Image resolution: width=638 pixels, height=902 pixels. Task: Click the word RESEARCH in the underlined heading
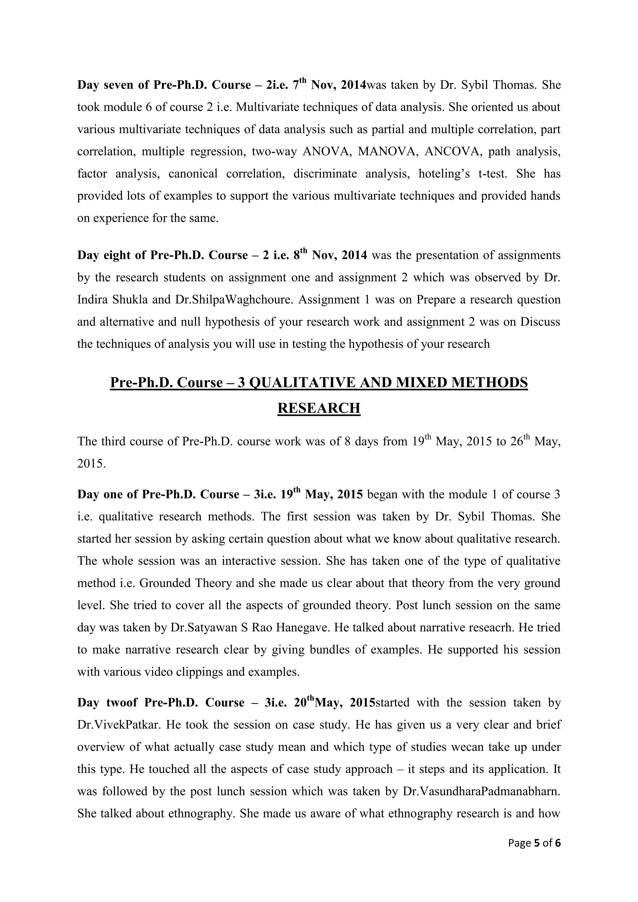pos(319,409)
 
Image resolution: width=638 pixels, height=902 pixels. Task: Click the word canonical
pos(193,174)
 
